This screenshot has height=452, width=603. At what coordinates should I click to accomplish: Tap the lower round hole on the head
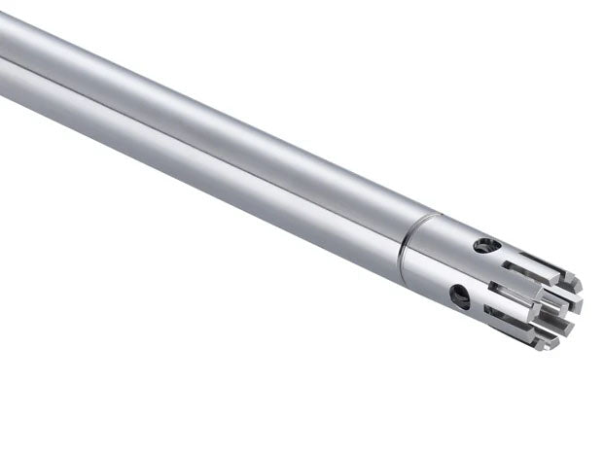(459, 296)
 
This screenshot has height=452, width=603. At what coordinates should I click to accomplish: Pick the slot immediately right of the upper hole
(520, 260)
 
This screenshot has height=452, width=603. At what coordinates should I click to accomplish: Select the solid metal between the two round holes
(471, 272)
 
